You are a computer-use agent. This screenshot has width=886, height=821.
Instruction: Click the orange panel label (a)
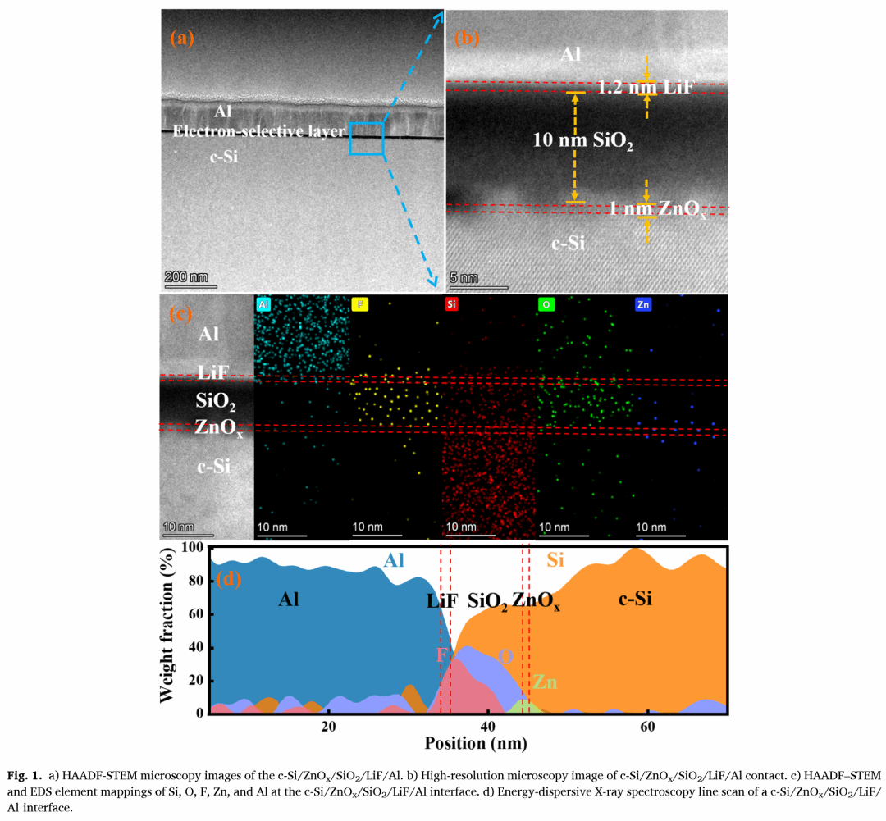pyautogui.click(x=181, y=38)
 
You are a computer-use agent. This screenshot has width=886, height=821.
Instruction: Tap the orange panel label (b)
pyautogui.click(x=466, y=38)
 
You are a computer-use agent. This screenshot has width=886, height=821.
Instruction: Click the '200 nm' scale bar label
pyautogui.click(x=187, y=276)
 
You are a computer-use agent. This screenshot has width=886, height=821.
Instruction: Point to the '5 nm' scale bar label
pyautogui.click(x=464, y=278)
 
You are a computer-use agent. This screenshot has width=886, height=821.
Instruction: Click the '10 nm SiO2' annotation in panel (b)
pyautogui.click(x=583, y=141)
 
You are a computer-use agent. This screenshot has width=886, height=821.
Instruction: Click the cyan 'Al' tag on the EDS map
pyautogui.click(x=263, y=304)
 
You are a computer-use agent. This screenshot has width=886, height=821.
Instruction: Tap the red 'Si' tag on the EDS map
pyautogui.click(x=452, y=304)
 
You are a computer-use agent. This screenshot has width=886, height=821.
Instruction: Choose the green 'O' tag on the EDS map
pyautogui.click(x=546, y=304)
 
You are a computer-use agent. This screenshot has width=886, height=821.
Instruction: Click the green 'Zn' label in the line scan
pyautogui.click(x=546, y=682)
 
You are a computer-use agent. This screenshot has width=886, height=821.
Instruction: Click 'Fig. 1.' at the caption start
pyautogui.click(x=25, y=775)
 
